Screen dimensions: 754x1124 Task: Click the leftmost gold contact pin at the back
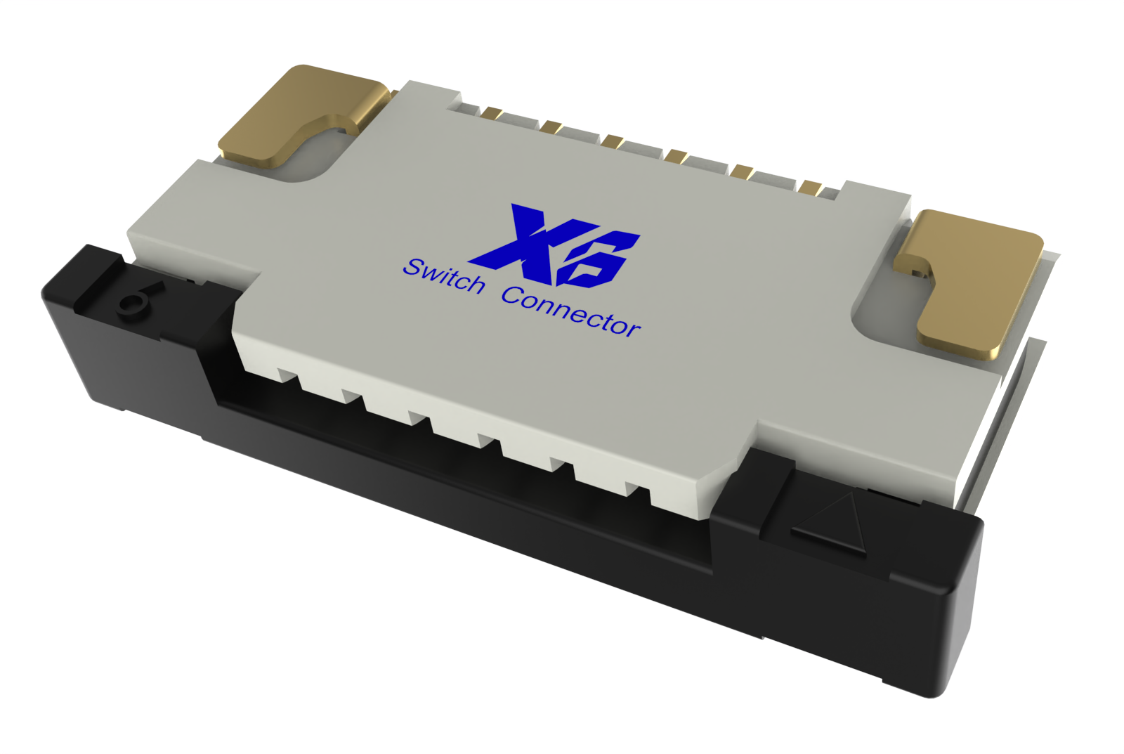pyautogui.click(x=492, y=113)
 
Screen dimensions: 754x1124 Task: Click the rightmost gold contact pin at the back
pyautogui.click(x=811, y=188)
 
